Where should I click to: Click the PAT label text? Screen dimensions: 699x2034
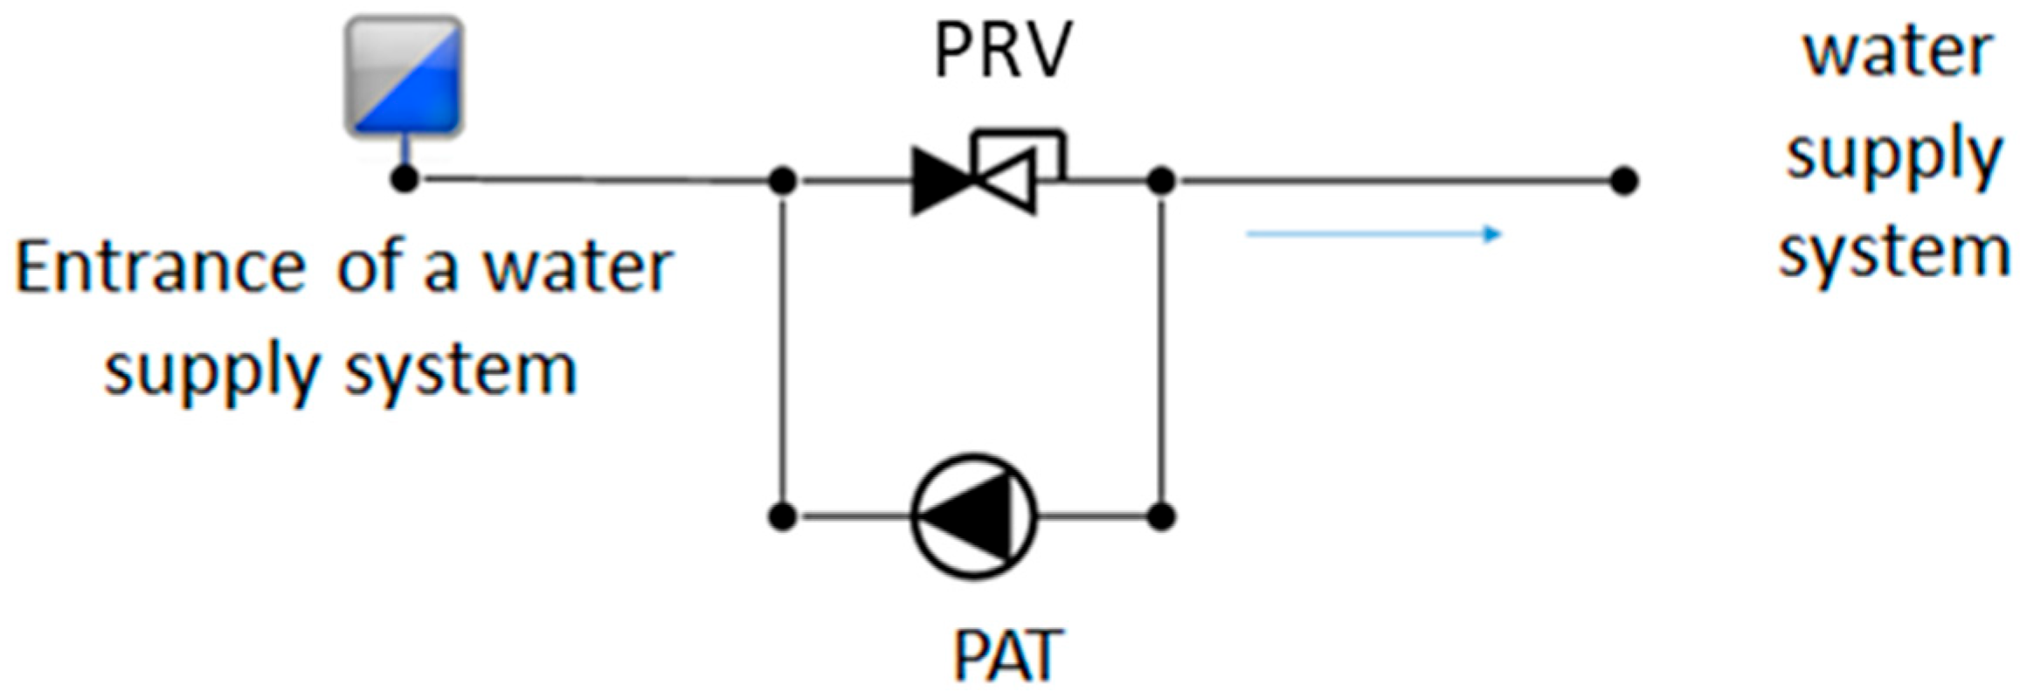click(1007, 655)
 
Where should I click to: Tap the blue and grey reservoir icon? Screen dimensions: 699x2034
click(404, 77)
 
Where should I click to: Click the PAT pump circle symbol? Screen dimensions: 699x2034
click(973, 516)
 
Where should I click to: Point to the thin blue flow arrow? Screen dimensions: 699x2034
click(1373, 234)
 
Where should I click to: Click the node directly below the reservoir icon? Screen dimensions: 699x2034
click(404, 180)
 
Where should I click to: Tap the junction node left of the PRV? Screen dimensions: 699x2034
click(783, 181)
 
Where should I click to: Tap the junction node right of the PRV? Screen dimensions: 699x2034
click(1160, 181)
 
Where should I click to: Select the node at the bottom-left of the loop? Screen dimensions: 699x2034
click(783, 516)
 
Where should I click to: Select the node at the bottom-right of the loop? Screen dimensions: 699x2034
click(1160, 516)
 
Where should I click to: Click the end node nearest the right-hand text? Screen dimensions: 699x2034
click(1623, 181)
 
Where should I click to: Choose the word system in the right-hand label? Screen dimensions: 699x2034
click(1894, 253)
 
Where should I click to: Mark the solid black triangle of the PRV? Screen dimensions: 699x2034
click(939, 181)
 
